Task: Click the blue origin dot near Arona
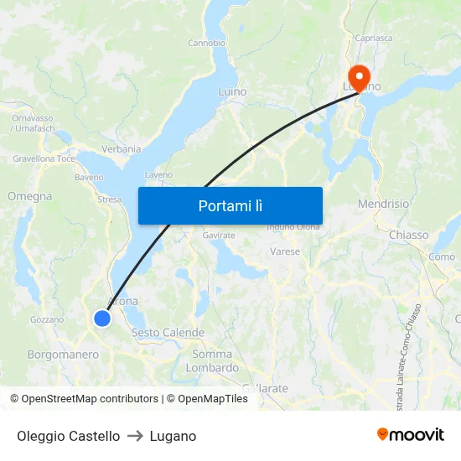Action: pyautogui.click(x=102, y=319)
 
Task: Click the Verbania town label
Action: pyautogui.click(x=122, y=149)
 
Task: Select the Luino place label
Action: pyautogui.click(x=231, y=91)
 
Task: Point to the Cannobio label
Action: pyautogui.click(x=206, y=43)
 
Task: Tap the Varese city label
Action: pyautogui.click(x=285, y=251)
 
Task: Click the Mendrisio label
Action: pyautogui.click(x=383, y=204)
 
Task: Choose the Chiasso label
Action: pyautogui.click(x=408, y=236)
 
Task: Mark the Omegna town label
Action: pyautogui.click(x=29, y=196)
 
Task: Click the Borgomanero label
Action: pyautogui.click(x=63, y=355)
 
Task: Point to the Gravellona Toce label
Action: pyautogui.click(x=44, y=158)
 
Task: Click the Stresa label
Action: pyautogui.click(x=109, y=199)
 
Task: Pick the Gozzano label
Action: pyautogui.click(x=46, y=319)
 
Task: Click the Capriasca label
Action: pyautogui.click(x=374, y=38)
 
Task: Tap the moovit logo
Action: pyautogui.click(x=410, y=434)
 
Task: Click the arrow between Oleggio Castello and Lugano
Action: pyautogui.click(x=135, y=436)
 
